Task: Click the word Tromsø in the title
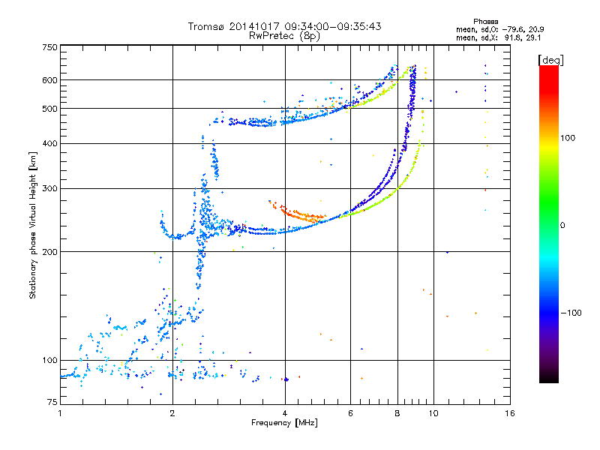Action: [x=207, y=26]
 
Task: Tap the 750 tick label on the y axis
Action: [x=49, y=47]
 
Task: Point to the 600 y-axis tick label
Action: [x=49, y=80]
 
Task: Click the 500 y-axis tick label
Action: [x=49, y=109]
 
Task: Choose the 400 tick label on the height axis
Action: [x=49, y=143]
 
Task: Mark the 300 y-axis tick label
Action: [x=49, y=188]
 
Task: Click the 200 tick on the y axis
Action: [x=49, y=251]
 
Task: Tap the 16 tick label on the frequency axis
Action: [x=510, y=413]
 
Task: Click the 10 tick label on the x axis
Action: [x=432, y=413]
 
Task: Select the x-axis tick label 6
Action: [x=350, y=413]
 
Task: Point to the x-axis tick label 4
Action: [x=285, y=413]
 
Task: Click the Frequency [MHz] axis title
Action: [x=284, y=423]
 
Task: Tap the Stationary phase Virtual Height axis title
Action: [x=33, y=225]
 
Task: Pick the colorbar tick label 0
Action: [x=563, y=225]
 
